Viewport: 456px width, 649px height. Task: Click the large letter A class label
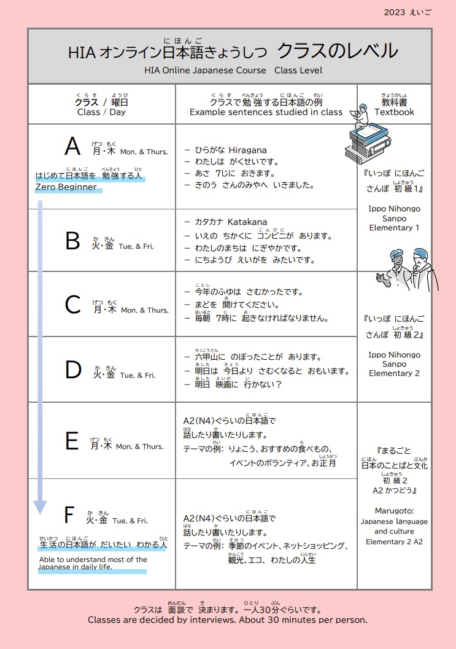point(72,147)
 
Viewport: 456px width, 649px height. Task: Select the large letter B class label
point(72,241)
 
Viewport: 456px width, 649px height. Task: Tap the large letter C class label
point(72,305)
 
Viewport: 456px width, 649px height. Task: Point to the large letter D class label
point(73,370)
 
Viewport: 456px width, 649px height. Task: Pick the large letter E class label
point(72,441)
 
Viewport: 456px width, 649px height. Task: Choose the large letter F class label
point(69,515)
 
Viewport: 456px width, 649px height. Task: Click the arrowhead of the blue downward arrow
point(40,507)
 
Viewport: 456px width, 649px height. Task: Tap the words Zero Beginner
point(66,187)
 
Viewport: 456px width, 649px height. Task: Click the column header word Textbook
point(394,112)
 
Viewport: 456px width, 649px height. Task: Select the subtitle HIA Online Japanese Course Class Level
point(233,70)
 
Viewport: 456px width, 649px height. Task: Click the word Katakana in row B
point(247,222)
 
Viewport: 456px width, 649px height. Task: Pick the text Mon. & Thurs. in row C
point(145,310)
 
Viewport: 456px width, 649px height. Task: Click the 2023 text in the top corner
point(395,12)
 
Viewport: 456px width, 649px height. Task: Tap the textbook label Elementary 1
point(394,228)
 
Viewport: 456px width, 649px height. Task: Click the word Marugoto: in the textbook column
point(394,511)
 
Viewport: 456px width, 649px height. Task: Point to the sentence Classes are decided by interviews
point(162,620)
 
